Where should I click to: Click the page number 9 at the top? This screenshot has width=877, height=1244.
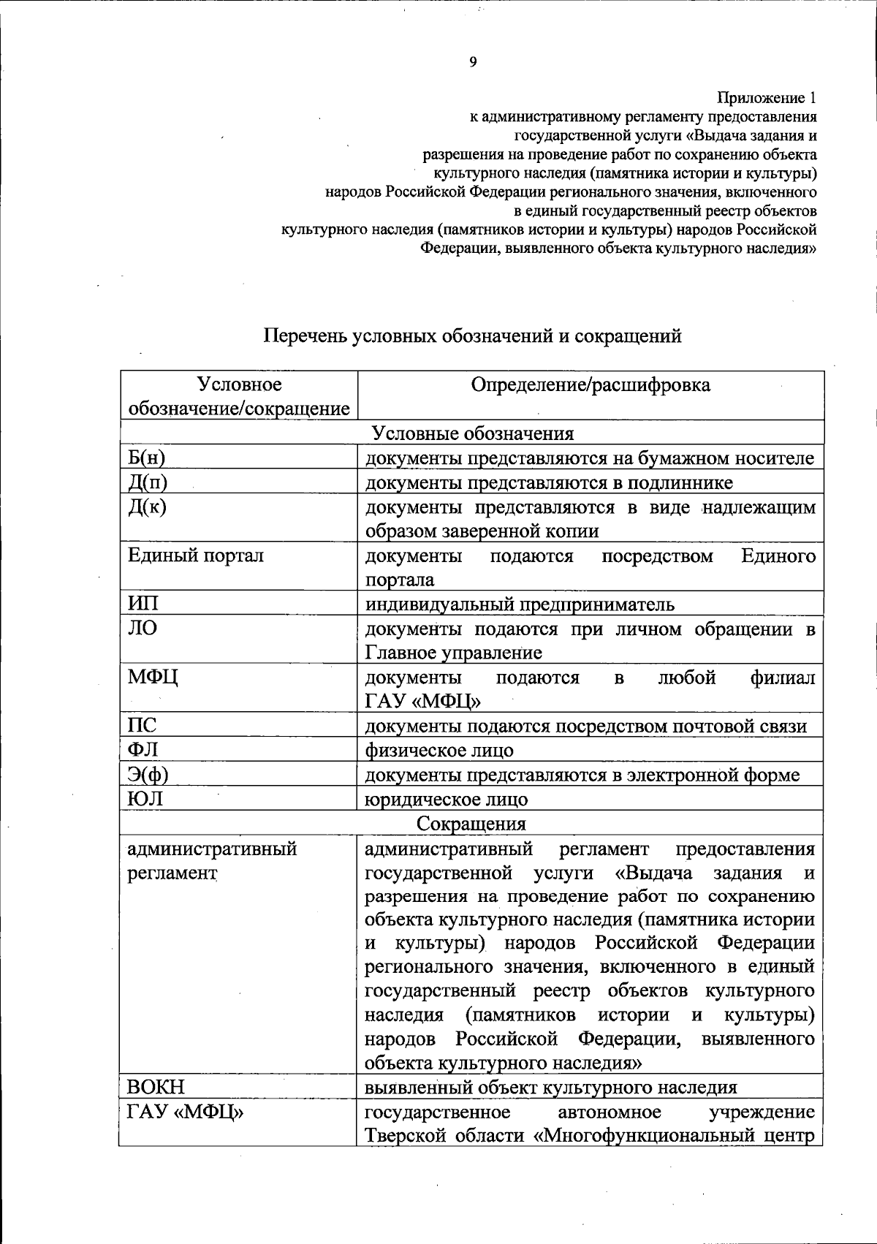473,62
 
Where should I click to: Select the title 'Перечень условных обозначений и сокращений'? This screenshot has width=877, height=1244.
472,336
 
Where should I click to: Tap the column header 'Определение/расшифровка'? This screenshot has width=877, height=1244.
590,385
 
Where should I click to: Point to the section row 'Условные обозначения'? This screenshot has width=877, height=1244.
472,433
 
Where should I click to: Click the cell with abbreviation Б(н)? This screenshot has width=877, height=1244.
146,458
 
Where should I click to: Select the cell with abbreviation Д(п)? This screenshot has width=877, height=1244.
148,482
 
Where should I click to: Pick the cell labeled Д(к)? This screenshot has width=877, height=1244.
147,507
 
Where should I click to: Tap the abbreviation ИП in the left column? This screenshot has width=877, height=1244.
143,604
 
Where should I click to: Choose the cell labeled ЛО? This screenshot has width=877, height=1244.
142,628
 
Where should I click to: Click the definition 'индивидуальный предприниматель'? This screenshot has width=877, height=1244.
520,604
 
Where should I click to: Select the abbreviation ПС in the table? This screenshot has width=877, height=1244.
142,725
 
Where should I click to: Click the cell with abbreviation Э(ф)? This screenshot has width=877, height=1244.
148,774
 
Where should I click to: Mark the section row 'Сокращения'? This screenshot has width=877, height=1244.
471,824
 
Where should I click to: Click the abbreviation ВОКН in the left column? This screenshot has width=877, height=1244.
156,1087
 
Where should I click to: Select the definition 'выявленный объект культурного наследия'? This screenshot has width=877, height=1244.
550,1088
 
